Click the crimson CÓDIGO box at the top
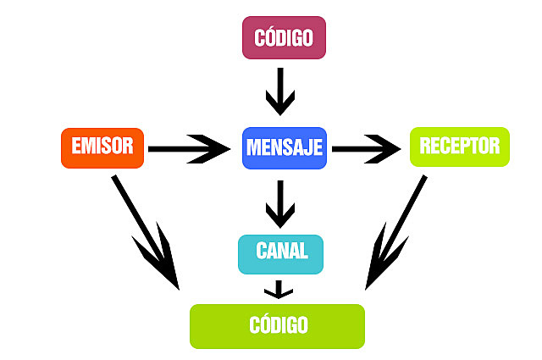(x=284, y=38)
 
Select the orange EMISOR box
(x=102, y=147)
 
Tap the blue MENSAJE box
(x=284, y=147)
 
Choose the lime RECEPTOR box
(x=460, y=147)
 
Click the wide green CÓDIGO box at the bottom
(x=277, y=326)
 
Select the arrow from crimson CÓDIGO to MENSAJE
(x=280, y=91)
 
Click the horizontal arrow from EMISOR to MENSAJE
(x=186, y=149)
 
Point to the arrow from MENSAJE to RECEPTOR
(x=364, y=149)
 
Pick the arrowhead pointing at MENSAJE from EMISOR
(x=216, y=149)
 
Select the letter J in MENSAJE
(x=305, y=147)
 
